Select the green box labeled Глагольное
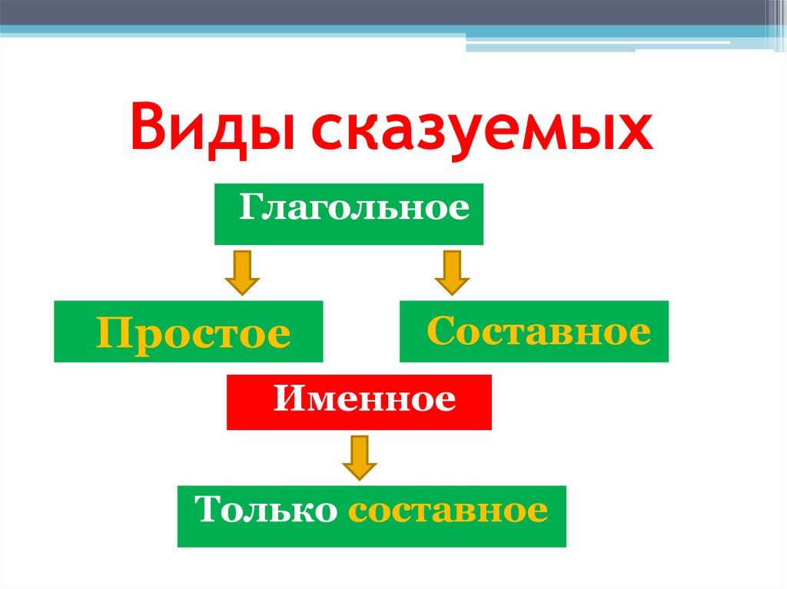[348, 214]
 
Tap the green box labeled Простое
[188, 332]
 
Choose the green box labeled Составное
[534, 332]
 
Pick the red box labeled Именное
[359, 402]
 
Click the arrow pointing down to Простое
[242, 272]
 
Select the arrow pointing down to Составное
[452, 272]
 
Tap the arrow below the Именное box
[359, 457]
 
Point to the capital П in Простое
[111, 333]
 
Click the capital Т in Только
[208, 509]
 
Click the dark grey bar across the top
[384, 12]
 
